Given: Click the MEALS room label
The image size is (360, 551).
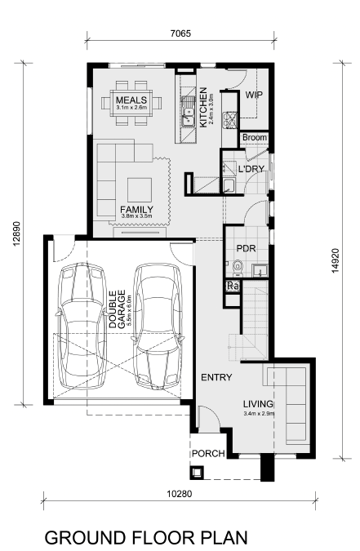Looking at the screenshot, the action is tap(131, 100).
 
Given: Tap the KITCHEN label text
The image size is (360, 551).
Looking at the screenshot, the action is tap(202, 108).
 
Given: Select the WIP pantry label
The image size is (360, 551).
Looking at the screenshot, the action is tap(254, 95).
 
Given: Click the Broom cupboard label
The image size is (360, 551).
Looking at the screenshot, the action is tap(255, 137).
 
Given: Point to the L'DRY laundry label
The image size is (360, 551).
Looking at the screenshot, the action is tap(251, 169).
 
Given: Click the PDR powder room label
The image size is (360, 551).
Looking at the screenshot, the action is tap(246, 248).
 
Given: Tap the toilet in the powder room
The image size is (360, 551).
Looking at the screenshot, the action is tap(238, 268).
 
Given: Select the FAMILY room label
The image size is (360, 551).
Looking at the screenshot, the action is tap(137, 210).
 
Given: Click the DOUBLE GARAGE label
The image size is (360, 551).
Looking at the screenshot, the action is tap(117, 309).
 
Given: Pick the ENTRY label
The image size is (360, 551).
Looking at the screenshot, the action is tap(216, 377).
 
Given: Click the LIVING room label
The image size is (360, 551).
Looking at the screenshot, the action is tap(259, 404).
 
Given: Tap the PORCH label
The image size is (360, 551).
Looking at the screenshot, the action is tap(208, 454).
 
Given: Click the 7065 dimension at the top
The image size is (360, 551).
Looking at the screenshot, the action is tap(180, 33).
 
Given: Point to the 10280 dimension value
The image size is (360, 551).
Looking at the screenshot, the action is tap(180, 494).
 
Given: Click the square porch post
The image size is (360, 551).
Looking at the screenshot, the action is tap(197, 473).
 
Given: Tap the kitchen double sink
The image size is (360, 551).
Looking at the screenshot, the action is tap(189, 111).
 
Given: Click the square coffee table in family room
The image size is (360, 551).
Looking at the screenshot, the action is tap(140, 189).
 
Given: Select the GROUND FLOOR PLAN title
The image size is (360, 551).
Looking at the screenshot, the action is tap(146, 538).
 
